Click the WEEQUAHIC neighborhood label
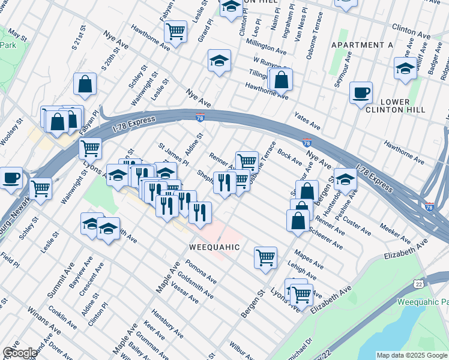pos(214,247)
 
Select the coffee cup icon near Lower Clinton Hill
pos(361,93)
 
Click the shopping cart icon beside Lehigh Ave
pos(265,257)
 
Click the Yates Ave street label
pos(306,120)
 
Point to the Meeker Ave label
pos(394,230)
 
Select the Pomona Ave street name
pos(200,272)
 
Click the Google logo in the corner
pos(20,353)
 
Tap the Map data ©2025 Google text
pos(411,355)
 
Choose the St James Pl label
pos(173,154)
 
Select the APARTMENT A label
pos(361,45)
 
